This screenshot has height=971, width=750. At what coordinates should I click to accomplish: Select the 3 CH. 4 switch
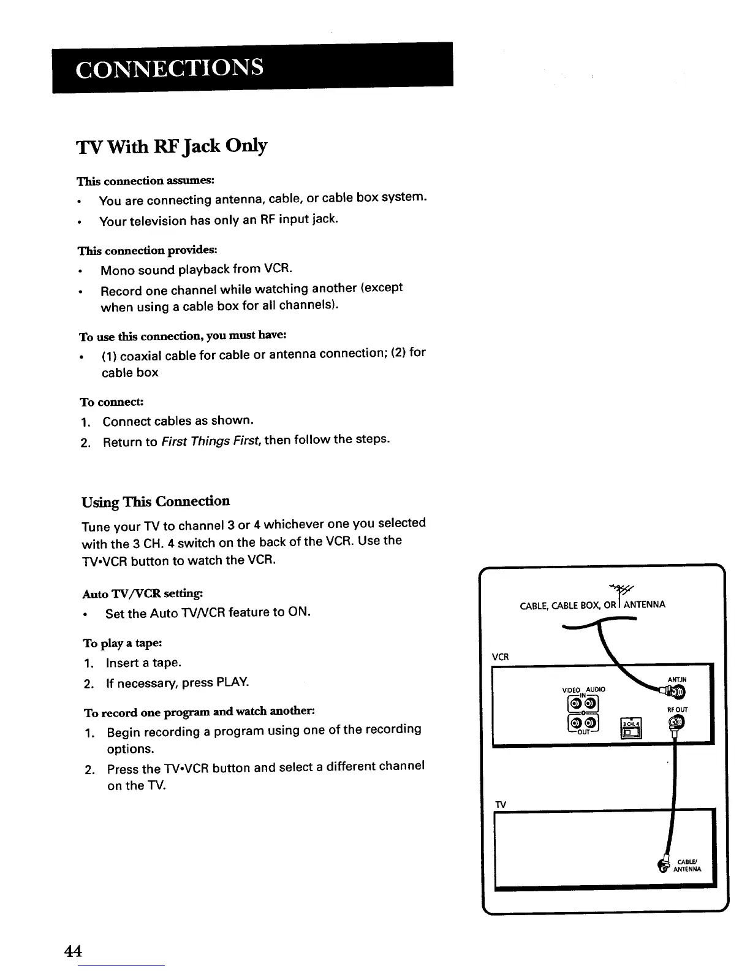(x=631, y=729)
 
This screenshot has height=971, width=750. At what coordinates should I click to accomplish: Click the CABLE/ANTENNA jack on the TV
(x=663, y=865)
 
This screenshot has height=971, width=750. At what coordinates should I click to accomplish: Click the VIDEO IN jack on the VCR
(x=576, y=702)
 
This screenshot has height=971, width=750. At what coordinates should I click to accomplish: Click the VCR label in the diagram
(x=501, y=657)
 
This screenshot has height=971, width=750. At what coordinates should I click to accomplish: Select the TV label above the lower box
(x=500, y=805)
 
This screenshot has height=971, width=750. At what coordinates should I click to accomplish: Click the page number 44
(x=73, y=951)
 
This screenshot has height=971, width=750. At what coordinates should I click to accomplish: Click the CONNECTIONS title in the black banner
(x=170, y=67)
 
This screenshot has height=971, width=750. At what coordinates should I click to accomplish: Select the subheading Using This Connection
(x=156, y=501)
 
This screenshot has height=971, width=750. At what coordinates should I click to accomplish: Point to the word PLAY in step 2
(x=233, y=682)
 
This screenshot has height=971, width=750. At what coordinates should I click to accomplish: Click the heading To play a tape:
(x=123, y=643)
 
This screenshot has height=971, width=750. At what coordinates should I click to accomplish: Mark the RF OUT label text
(x=676, y=710)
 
